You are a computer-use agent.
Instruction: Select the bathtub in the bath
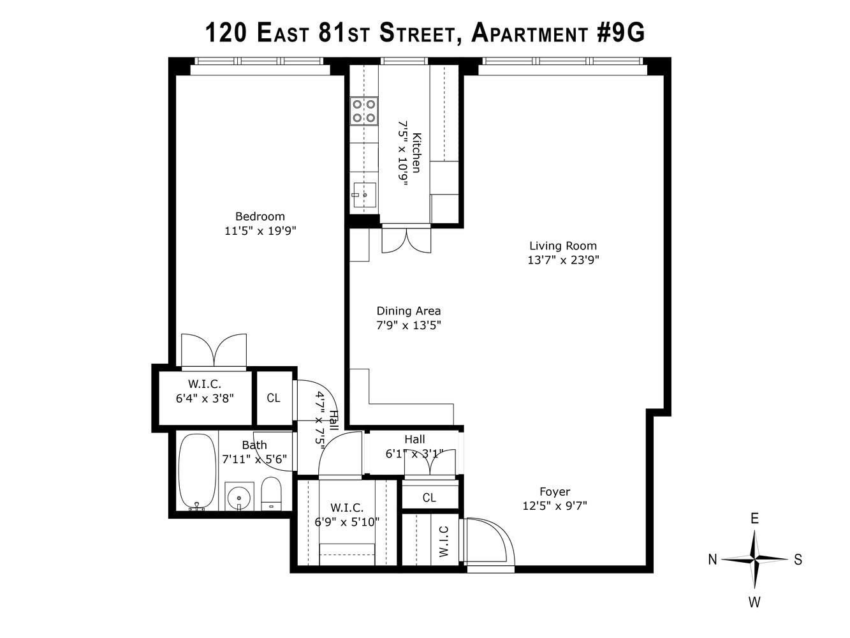pos(197,471)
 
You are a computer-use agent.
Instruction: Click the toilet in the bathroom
pos(271,494)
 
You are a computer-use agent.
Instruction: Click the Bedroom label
pos(260,216)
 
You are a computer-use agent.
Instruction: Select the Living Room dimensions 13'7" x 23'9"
pos(563,260)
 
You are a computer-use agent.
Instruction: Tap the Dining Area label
pos(409,311)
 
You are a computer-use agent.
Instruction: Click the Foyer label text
pos(555,491)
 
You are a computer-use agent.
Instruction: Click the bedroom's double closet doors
pos(214,350)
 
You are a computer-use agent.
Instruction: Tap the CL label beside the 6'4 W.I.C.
pos(274,398)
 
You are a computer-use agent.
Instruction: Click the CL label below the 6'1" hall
pos(429,497)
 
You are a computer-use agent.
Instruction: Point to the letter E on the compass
pos(754,519)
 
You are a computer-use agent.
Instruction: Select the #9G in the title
pos(620,33)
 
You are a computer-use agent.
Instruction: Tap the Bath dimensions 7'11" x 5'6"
pos(254,459)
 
